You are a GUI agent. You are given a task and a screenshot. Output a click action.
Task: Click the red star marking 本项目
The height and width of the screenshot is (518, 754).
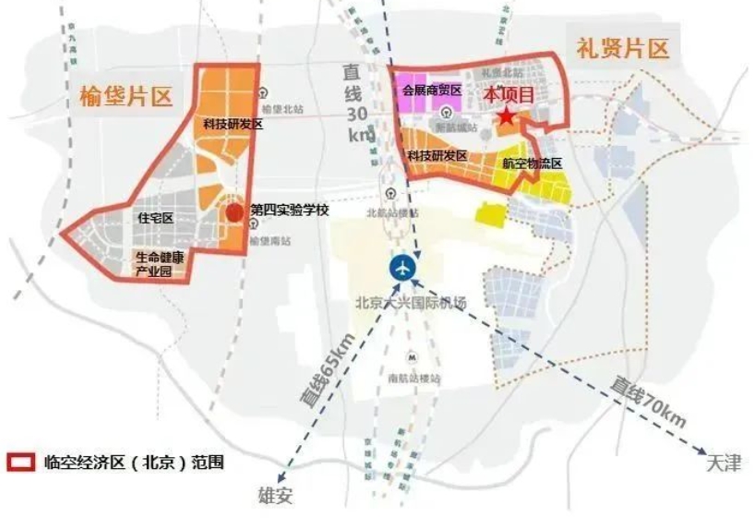coord(507,117)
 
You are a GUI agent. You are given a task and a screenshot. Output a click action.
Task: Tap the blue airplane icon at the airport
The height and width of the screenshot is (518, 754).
coord(401,269)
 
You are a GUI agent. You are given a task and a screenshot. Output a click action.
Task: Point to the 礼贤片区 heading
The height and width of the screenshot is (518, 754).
coord(623,48)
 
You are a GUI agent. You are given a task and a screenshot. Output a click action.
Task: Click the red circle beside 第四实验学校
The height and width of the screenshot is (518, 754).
coord(235,211)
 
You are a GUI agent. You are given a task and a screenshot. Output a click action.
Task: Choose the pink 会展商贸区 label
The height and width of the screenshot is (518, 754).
coord(430,90)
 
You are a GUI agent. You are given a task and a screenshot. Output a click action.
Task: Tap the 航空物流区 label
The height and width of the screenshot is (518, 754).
coord(533,163)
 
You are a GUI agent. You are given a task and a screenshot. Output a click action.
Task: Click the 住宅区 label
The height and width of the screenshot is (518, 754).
coord(155,218)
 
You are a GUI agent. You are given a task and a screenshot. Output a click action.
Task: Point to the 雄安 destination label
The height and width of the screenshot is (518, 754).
coord(274,494)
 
